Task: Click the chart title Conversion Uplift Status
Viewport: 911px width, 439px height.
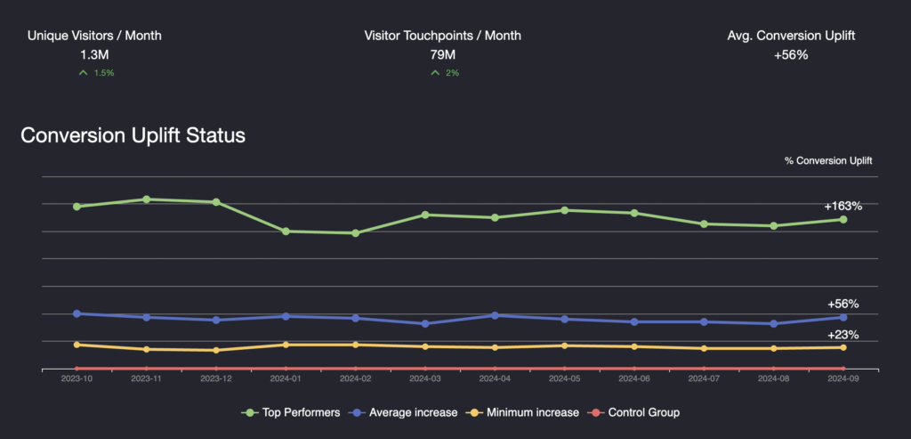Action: [133, 136]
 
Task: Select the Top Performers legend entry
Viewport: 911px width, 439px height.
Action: [291, 412]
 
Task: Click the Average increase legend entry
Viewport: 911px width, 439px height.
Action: [411, 412]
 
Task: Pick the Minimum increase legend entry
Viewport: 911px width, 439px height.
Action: [531, 412]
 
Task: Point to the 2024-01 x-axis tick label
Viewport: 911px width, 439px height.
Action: [286, 378]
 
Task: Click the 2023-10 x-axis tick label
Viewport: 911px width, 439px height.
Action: [77, 378]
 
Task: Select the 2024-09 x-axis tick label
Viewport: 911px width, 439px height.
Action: [842, 378]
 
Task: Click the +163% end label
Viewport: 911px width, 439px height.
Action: [842, 206]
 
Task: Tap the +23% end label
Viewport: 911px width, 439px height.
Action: [842, 335]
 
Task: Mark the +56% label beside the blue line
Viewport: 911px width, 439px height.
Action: [842, 304]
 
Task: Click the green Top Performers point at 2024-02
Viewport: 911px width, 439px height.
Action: [355, 233]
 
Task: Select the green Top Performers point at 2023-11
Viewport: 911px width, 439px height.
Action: [146, 199]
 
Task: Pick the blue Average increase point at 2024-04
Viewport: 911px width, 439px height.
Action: [495, 315]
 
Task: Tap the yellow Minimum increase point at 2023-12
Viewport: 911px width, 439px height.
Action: [216, 350]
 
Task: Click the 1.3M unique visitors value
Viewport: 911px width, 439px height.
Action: [94, 54]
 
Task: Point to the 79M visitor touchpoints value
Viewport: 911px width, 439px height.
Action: [442, 54]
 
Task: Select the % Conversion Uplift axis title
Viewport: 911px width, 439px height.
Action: [828, 161]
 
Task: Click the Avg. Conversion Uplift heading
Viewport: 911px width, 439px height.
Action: [792, 36]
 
